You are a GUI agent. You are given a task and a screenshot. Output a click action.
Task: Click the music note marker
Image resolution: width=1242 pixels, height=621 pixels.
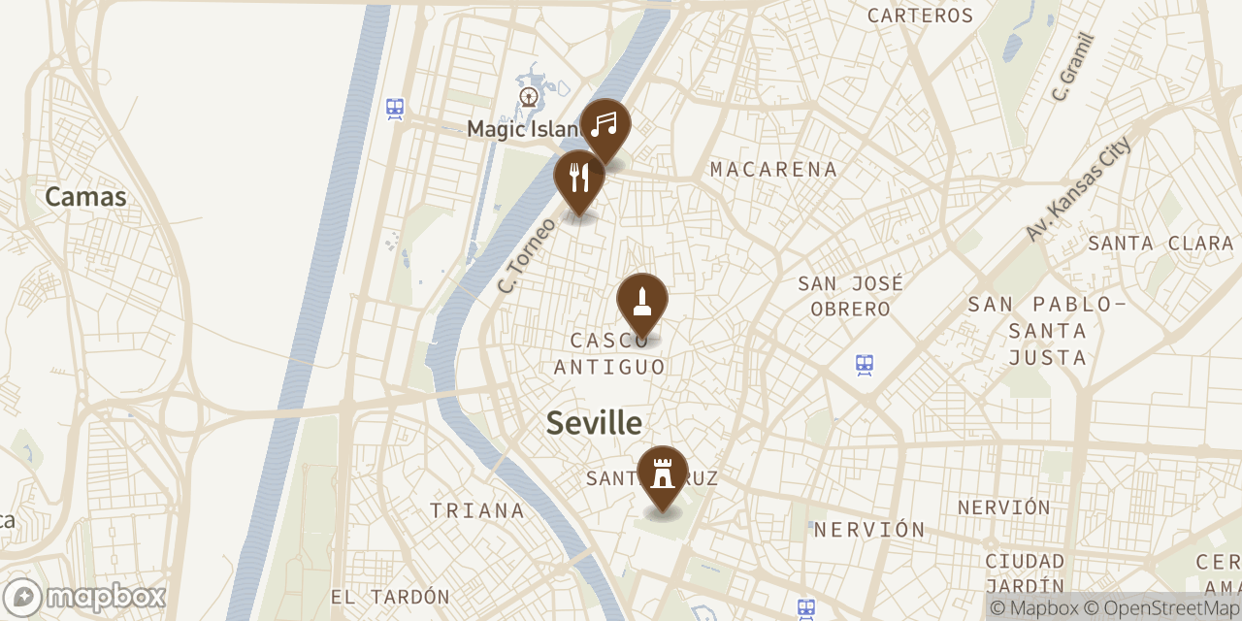click(605, 125)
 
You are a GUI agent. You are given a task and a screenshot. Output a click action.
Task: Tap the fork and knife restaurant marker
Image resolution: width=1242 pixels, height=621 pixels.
click(579, 178)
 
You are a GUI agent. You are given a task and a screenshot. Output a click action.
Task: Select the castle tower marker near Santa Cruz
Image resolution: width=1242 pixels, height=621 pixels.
click(663, 474)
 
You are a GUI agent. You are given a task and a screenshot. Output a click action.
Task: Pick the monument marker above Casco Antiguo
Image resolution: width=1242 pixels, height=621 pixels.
click(642, 300)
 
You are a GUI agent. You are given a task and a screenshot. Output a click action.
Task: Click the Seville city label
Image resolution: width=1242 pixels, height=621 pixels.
click(594, 423)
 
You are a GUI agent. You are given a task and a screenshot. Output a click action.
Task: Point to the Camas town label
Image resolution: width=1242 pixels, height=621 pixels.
click(85, 197)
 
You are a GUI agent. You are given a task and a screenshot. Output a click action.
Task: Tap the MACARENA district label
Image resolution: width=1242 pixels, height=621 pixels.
click(773, 170)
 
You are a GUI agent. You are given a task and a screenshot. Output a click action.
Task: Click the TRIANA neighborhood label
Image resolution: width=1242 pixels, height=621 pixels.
click(477, 510)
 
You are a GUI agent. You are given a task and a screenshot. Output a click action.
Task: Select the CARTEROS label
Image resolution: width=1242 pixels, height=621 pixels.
click(920, 16)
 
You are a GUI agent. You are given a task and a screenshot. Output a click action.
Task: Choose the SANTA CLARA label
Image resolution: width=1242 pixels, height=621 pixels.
click(1160, 244)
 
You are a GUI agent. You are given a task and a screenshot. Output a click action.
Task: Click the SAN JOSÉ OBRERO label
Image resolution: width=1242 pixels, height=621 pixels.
click(850, 296)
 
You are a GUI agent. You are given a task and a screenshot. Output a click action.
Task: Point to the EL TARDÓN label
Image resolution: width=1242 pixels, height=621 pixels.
click(390, 597)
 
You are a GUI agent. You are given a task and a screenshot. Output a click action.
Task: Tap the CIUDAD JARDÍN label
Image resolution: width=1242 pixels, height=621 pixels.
click(1025, 573)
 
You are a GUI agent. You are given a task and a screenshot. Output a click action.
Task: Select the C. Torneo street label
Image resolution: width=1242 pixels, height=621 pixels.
click(526, 255)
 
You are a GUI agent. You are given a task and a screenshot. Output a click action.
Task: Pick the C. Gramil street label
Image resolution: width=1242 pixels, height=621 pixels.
click(1073, 67)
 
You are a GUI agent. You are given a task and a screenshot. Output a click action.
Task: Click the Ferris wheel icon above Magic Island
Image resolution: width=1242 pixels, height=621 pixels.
click(529, 96)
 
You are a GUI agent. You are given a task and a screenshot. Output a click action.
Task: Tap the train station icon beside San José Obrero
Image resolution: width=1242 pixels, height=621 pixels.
click(865, 365)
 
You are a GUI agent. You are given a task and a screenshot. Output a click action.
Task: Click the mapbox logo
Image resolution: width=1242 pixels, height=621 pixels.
click(84, 597)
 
